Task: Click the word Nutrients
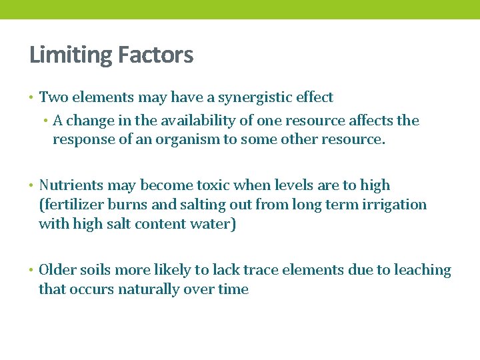click(x=70, y=185)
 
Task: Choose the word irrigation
click(x=394, y=205)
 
